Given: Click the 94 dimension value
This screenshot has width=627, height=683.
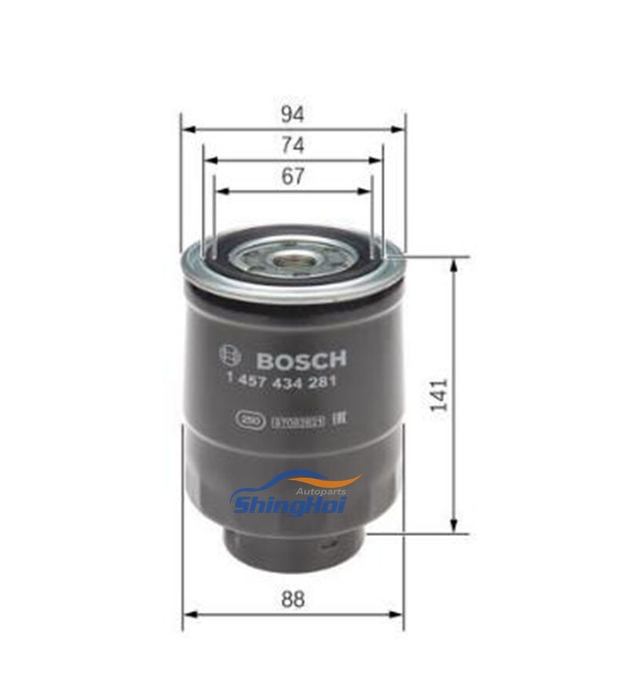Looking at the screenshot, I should (x=292, y=114).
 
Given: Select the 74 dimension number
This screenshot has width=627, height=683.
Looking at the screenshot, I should (x=292, y=146).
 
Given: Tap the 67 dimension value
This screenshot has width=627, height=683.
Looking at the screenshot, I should (x=292, y=177).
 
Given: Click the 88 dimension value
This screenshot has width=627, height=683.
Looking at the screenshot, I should (x=292, y=599).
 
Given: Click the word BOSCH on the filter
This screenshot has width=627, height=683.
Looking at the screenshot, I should (x=301, y=360).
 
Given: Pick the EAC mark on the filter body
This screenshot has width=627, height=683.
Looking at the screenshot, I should (x=339, y=421).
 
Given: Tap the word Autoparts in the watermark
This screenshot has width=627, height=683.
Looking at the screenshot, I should (x=321, y=491).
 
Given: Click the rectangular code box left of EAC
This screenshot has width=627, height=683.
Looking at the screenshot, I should (x=299, y=421).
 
